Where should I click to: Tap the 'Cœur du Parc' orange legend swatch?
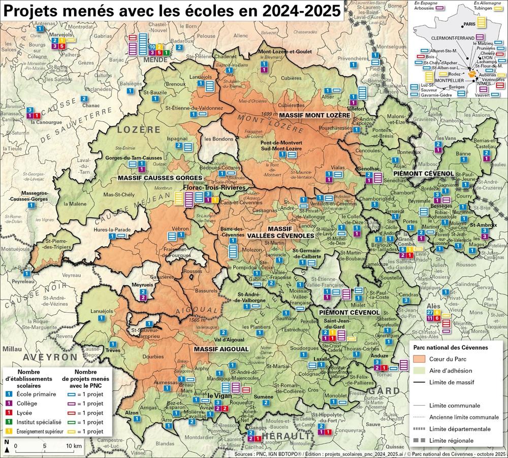[420, 359]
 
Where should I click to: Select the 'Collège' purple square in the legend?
[8, 403]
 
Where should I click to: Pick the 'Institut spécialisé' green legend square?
[8, 421]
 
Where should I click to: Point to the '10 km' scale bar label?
[74, 446]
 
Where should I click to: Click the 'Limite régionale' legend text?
[453, 440]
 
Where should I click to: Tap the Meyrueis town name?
[143, 285]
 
